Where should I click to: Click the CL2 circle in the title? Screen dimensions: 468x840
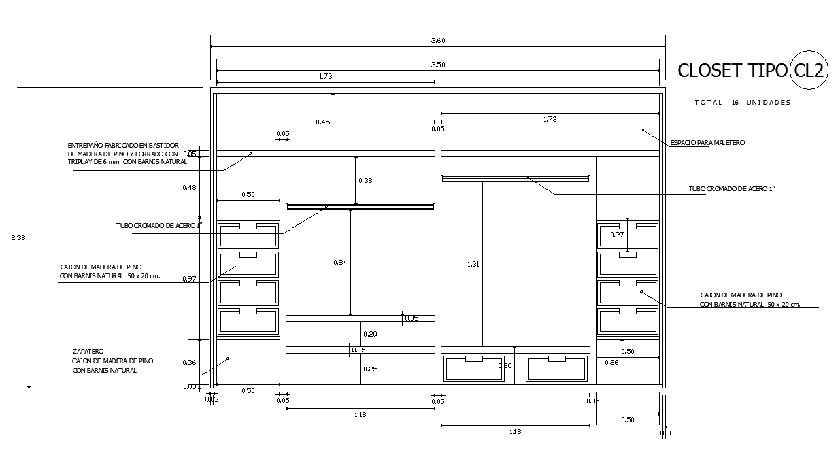tap(809, 71)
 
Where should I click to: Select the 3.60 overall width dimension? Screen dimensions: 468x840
tap(438, 41)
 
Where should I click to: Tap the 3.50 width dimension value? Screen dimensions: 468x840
tap(438, 65)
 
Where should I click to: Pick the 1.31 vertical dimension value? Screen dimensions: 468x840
tap(473, 264)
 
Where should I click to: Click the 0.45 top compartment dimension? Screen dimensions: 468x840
tap(322, 122)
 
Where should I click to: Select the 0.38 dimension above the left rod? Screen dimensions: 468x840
tap(365, 181)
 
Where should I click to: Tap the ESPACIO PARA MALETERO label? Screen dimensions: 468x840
tap(707, 143)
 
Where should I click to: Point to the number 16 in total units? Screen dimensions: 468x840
tap(735, 103)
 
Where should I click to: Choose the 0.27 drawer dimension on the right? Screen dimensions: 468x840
tap(617, 235)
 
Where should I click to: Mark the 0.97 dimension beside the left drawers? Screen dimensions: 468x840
tap(189, 279)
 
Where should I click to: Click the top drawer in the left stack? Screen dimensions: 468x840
tap(248, 235)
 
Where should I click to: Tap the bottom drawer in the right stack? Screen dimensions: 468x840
tap(628, 321)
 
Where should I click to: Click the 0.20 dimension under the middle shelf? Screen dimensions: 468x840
tap(370, 334)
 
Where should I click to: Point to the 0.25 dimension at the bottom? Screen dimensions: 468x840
tap(370, 369)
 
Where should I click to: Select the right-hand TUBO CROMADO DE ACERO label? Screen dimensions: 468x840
tap(732, 188)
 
